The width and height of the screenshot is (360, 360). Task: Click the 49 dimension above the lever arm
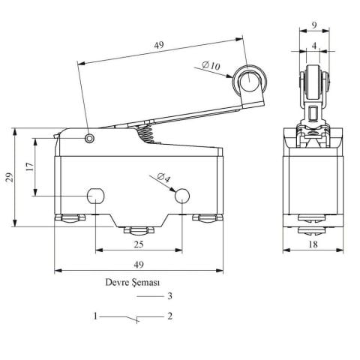tap(158, 46)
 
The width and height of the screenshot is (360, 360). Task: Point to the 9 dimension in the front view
tap(313, 25)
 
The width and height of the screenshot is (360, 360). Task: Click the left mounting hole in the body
tap(96, 196)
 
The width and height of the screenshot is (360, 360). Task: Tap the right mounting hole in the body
tap(182, 196)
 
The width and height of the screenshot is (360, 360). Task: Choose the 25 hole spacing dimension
tap(139, 244)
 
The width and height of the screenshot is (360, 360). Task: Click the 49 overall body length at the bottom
tap(139, 265)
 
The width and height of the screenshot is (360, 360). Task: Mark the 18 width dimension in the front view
tap(313, 244)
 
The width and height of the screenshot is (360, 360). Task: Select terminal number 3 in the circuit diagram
tap(170, 296)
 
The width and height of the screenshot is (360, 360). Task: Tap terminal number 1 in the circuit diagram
tap(95, 316)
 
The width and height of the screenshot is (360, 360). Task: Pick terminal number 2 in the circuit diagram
tap(170, 316)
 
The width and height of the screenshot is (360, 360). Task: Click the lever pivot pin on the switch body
tap(90, 138)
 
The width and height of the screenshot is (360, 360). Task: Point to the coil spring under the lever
tap(148, 133)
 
